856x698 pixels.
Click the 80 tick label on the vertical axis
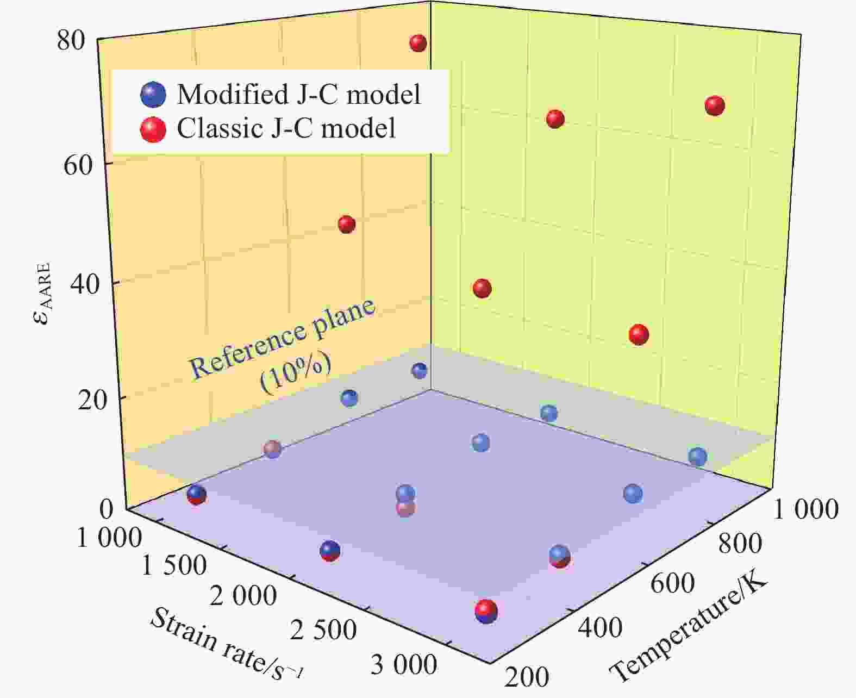click(71, 42)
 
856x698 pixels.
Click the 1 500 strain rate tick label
click(174, 566)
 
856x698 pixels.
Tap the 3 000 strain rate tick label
click(403, 665)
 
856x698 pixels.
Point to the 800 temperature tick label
click(740, 543)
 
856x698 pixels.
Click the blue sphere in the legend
click(153, 95)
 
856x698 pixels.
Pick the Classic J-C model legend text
click(286, 129)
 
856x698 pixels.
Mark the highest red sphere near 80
click(418, 43)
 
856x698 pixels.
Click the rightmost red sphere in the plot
click(714, 105)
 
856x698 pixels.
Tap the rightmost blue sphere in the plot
click(697, 457)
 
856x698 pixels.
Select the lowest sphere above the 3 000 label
click(486, 612)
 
